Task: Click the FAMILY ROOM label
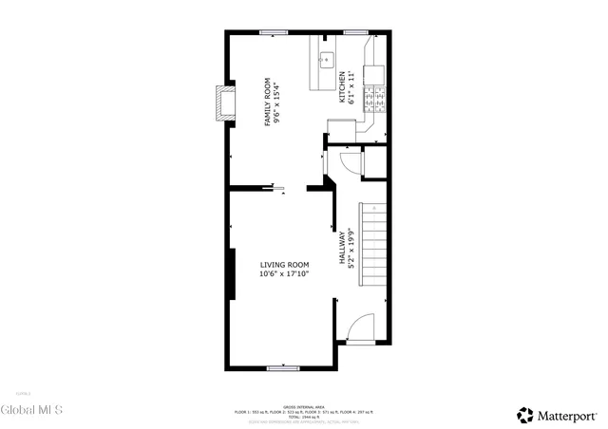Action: [267, 102]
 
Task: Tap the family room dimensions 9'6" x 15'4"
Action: [277, 102]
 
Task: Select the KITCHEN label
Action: [342, 88]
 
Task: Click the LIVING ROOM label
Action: [284, 265]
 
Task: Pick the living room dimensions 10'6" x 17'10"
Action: [284, 274]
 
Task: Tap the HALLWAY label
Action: [341, 249]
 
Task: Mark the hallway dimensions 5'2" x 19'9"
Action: [351, 249]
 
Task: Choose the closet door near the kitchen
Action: [351, 163]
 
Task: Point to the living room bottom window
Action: [283, 367]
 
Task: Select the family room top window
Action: [275, 33]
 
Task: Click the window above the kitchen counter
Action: [357, 33]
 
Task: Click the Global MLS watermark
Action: [31, 410]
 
